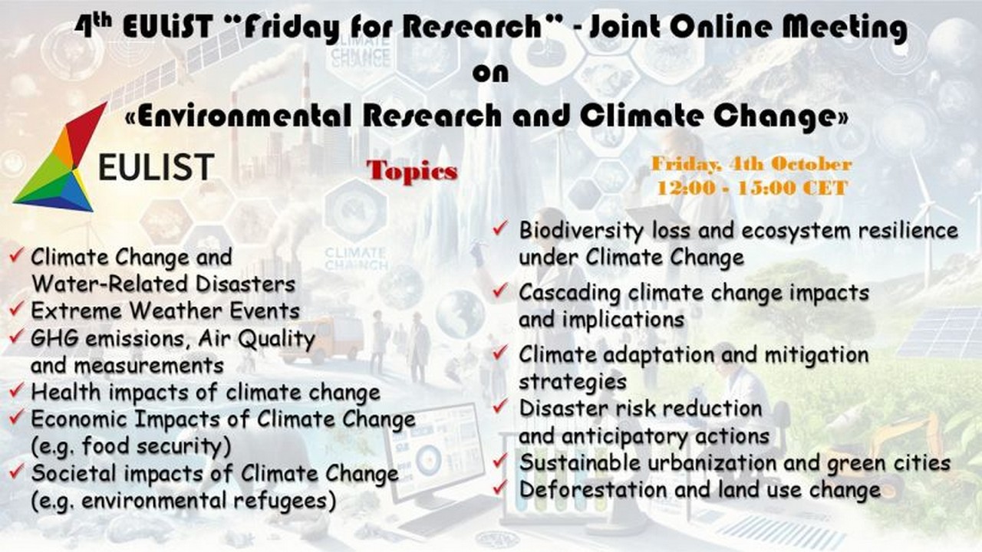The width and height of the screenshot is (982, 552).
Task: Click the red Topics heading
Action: [412, 171]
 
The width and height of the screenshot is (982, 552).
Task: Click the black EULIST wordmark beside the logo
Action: [156, 167]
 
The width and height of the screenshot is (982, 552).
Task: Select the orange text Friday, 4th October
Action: [751, 164]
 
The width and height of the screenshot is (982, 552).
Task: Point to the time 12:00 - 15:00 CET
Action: [753, 189]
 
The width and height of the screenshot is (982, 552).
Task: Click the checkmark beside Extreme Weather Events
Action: [16, 308]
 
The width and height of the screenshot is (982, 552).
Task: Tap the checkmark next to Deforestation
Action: [500, 487]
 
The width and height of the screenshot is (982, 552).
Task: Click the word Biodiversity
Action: [582, 231]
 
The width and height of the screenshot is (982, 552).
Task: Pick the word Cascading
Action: [569, 294]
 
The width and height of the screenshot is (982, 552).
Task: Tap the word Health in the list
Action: [66, 392]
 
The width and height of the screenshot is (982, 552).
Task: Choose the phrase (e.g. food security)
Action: [131, 446]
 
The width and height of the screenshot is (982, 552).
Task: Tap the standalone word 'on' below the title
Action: [490, 73]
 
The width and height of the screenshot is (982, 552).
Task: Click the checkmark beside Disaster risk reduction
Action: [500, 406]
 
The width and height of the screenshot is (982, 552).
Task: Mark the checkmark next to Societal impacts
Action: [16, 472]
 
